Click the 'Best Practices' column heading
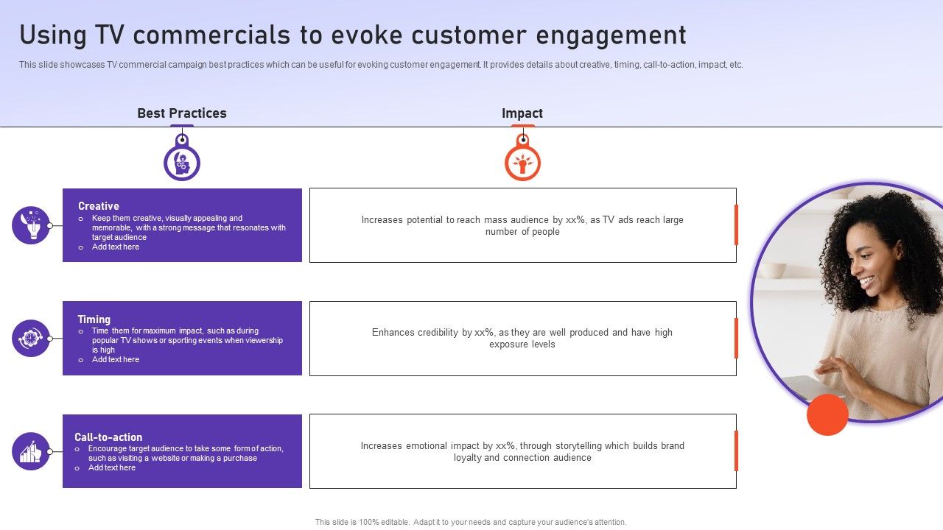[x=182, y=113]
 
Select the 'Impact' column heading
[x=522, y=113]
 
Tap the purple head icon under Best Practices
[x=182, y=163]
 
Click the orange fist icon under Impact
[x=522, y=163]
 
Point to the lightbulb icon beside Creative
[x=31, y=225]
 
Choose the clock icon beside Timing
[x=31, y=338]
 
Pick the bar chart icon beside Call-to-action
[x=31, y=451]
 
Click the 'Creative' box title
[x=99, y=206]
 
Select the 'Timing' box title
[x=94, y=319]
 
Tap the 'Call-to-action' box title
[x=108, y=437]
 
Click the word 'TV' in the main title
[x=110, y=35]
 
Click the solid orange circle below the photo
[x=827, y=414]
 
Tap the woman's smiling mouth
[x=866, y=281]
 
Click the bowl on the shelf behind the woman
[x=773, y=270]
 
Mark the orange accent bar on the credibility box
[x=736, y=338]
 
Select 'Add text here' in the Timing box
[x=116, y=360]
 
